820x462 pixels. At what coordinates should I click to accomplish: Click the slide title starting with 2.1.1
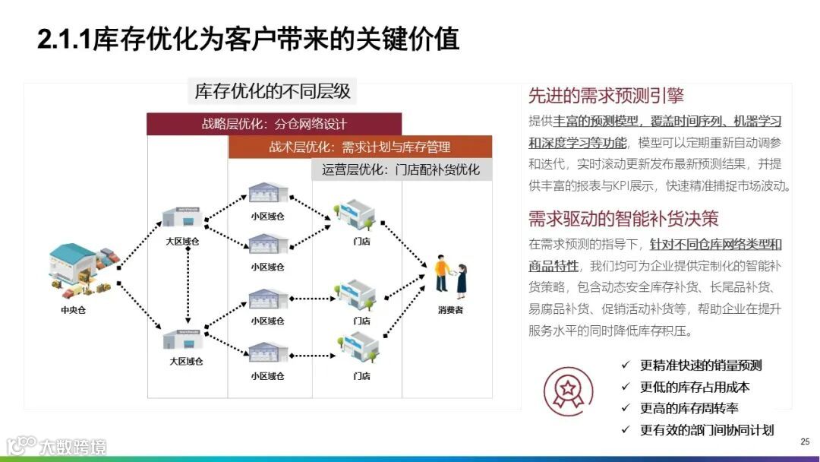pyautogui.click(x=248, y=40)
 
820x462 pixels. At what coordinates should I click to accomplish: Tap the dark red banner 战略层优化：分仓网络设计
pyautogui.click(x=273, y=124)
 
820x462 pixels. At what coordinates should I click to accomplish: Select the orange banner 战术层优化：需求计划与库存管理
pyautogui.click(x=359, y=147)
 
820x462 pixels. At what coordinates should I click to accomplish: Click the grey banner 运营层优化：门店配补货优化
pyautogui.click(x=401, y=169)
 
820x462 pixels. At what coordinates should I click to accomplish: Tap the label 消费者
pyautogui.click(x=449, y=310)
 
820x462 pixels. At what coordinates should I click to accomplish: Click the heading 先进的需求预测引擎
pyautogui.click(x=606, y=96)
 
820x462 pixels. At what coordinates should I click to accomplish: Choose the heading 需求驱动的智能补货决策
pyautogui.click(x=623, y=219)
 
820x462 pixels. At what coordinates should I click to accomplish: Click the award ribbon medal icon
pyautogui.click(x=568, y=391)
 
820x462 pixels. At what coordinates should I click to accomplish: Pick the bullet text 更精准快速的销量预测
pyautogui.click(x=701, y=365)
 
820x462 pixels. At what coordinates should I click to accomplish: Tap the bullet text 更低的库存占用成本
pyautogui.click(x=695, y=387)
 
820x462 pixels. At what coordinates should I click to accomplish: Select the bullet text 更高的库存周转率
pyautogui.click(x=689, y=408)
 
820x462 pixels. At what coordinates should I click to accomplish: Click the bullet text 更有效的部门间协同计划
pyautogui.click(x=707, y=430)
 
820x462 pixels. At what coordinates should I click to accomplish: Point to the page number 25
pyautogui.click(x=805, y=441)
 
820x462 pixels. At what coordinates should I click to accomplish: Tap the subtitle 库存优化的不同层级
pyautogui.click(x=273, y=92)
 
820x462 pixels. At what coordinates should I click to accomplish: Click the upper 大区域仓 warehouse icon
pyautogui.click(x=182, y=217)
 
